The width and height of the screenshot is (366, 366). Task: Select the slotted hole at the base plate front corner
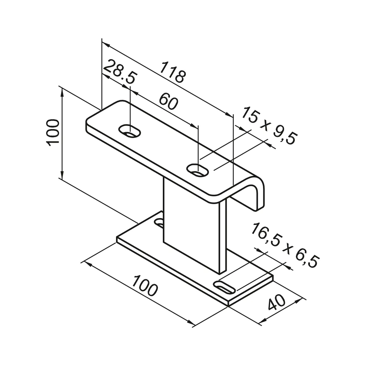click(x=225, y=287)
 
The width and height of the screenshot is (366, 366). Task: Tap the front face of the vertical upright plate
click(x=191, y=223)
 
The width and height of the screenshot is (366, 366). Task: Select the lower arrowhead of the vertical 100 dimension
click(x=62, y=176)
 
